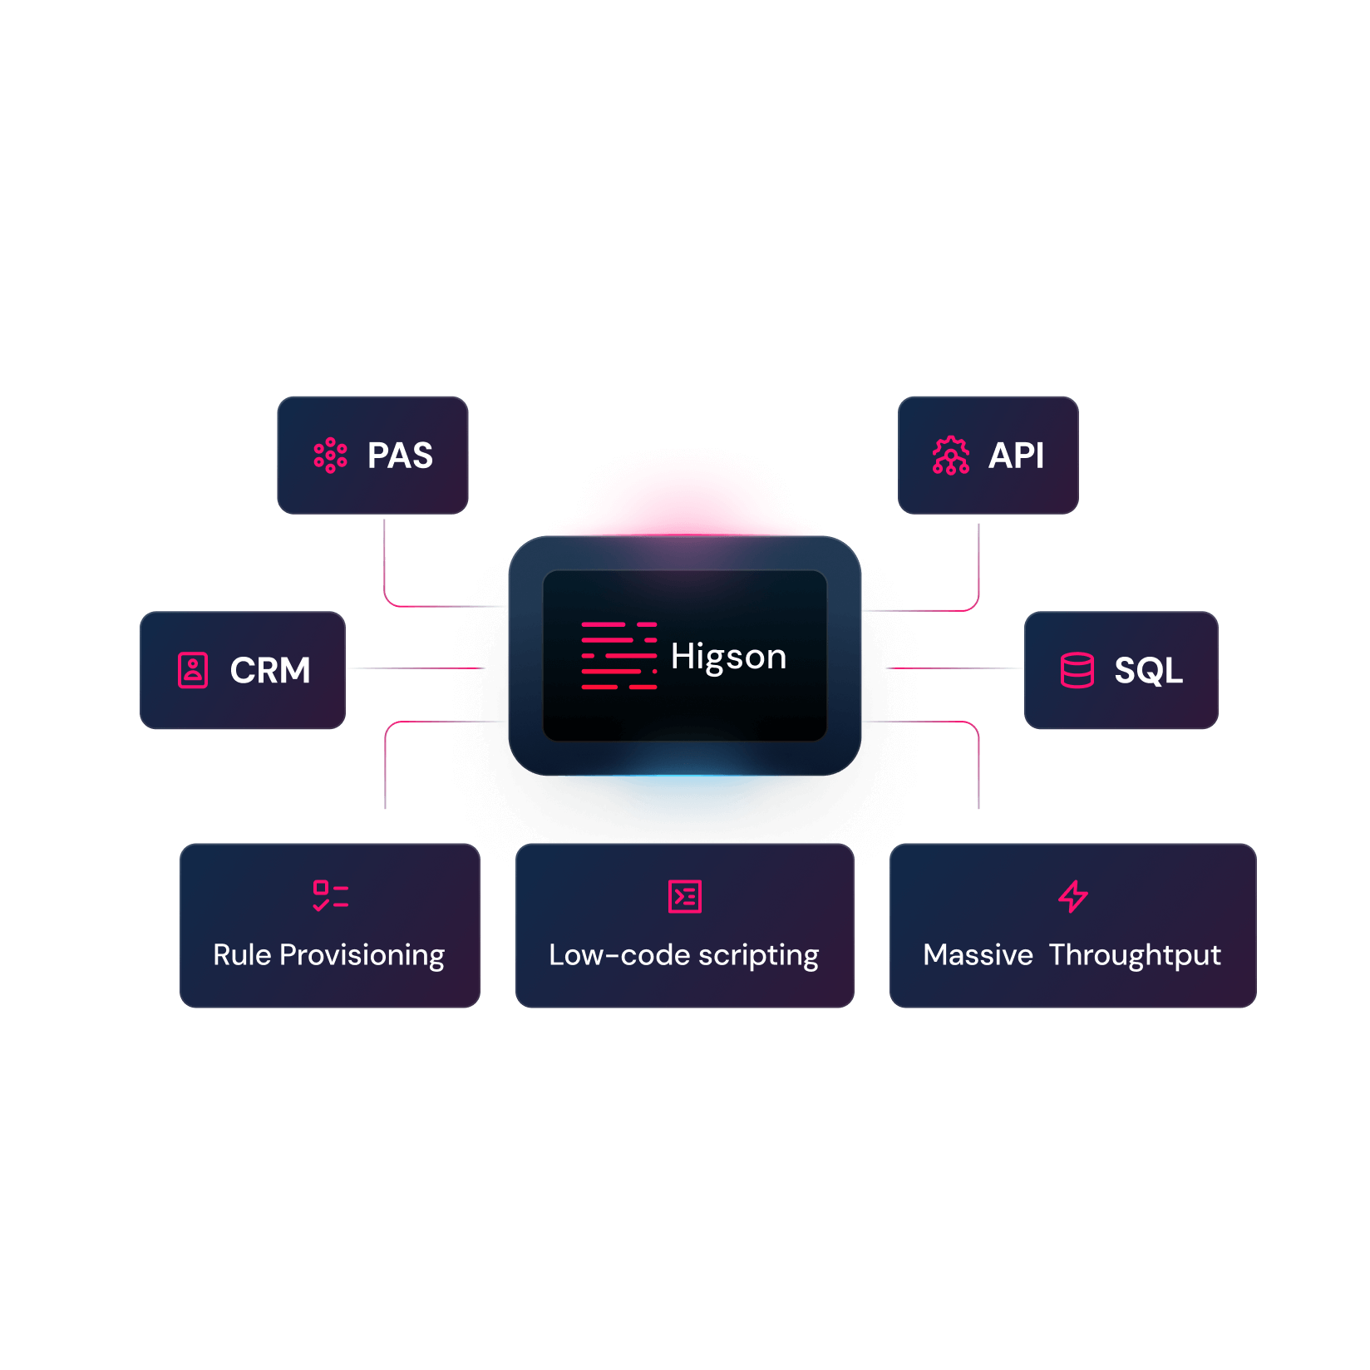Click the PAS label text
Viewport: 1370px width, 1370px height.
[x=400, y=456]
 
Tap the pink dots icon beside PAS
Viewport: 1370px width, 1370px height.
[x=330, y=456]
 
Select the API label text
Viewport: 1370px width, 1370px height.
[x=1016, y=456]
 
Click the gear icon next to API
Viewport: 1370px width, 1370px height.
[x=951, y=456]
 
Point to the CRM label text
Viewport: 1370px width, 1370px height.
[x=270, y=670]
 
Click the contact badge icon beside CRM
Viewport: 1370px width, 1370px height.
[x=193, y=670]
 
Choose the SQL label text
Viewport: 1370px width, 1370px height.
[x=1148, y=670]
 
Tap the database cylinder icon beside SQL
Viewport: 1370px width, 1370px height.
[x=1077, y=670]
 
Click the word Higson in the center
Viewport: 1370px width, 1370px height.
[x=728, y=657]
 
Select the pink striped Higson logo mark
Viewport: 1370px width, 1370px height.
[x=619, y=656]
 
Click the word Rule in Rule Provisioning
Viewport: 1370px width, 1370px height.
[x=242, y=955]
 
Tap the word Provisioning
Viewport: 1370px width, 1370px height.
[x=362, y=956]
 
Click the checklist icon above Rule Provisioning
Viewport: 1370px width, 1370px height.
[x=330, y=896]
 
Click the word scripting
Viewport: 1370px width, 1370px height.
[x=758, y=956]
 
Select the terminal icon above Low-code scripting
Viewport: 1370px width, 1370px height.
[x=685, y=896]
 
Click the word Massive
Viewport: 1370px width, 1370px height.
[x=978, y=955]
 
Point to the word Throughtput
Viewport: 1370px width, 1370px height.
[x=1135, y=956]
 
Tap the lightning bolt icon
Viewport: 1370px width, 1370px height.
[x=1073, y=896]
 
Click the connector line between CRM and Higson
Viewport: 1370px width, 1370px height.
[x=416, y=668]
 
